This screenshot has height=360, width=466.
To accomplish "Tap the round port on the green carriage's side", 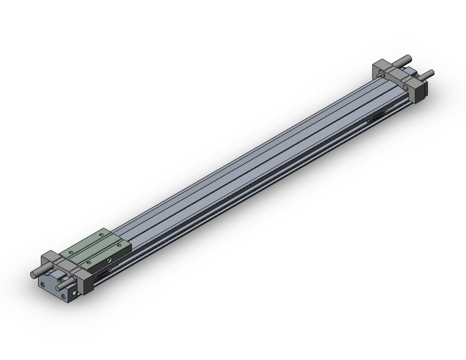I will [108, 261].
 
